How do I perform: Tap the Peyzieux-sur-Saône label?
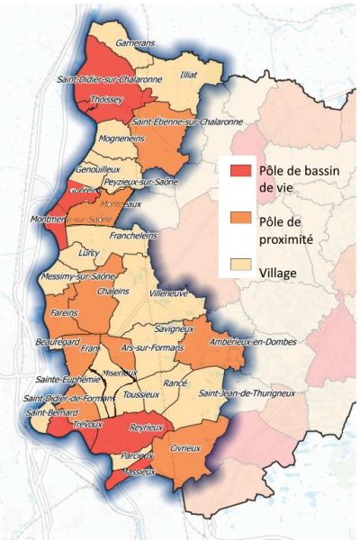coord(141,182)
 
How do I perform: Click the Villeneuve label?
coord(168,293)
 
